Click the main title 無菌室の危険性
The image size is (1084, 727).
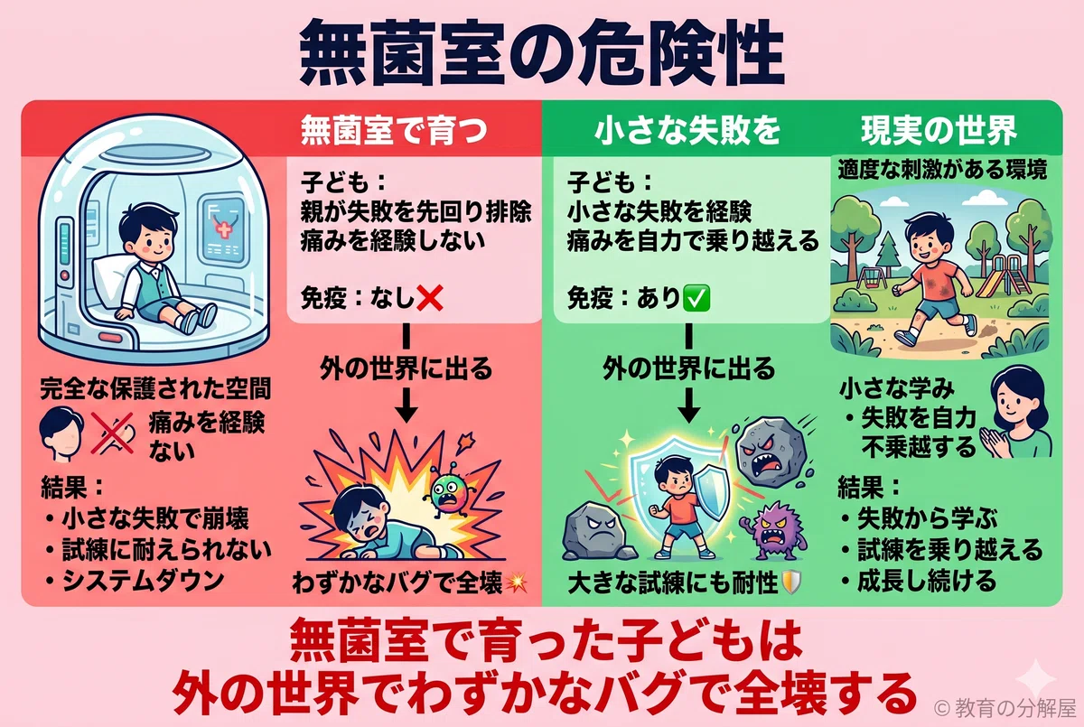tap(542, 53)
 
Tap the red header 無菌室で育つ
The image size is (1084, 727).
tap(395, 131)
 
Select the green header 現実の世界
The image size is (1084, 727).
tap(939, 131)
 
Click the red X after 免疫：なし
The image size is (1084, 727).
tap(429, 298)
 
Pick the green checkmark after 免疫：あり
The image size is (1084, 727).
tap(696, 298)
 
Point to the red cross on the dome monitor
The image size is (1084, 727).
tap(223, 228)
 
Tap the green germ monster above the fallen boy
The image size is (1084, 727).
tap(449, 493)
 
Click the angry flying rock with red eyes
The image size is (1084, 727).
tap(771, 452)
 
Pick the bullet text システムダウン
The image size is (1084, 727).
tap(143, 581)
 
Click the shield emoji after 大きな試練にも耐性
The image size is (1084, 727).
tap(790, 583)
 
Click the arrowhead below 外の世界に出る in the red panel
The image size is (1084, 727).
tap(406, 414)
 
